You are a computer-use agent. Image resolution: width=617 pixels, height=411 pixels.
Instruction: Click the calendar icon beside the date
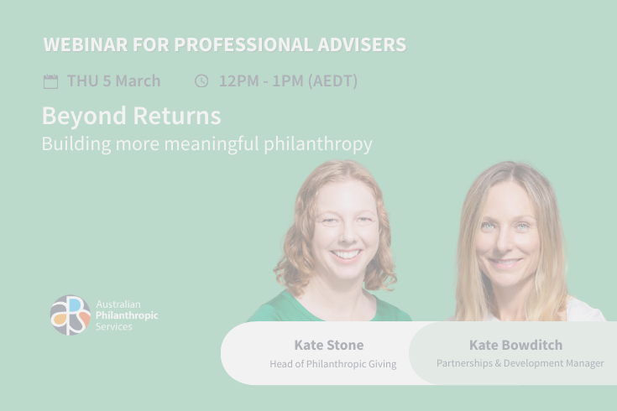[50, 81]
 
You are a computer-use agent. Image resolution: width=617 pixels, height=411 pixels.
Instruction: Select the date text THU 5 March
[113, 81]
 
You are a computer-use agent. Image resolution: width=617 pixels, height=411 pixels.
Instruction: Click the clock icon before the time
[201, 81]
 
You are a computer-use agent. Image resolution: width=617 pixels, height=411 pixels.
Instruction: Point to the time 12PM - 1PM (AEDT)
[288, 81]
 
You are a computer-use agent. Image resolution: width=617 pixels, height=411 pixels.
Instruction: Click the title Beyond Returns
[131, 115]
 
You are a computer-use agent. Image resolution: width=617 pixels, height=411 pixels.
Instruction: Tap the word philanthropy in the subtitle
[318, 143]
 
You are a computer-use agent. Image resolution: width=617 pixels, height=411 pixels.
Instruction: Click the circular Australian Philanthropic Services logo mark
[70, 315]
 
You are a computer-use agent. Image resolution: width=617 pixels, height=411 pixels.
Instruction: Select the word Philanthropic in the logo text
[127, 315]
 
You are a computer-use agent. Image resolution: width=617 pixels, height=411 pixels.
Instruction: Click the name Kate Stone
[329, 345]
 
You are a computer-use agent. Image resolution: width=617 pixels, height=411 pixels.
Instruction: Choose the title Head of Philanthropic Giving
[332, 364]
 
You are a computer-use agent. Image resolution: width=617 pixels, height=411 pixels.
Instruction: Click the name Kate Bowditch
[515, 345]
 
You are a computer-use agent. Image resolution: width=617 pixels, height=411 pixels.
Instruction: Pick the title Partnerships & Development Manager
[520, 363]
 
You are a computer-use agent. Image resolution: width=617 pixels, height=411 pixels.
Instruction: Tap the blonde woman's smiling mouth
[505, 262]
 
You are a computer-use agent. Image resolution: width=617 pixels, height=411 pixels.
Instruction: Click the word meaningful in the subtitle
[212, 143]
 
